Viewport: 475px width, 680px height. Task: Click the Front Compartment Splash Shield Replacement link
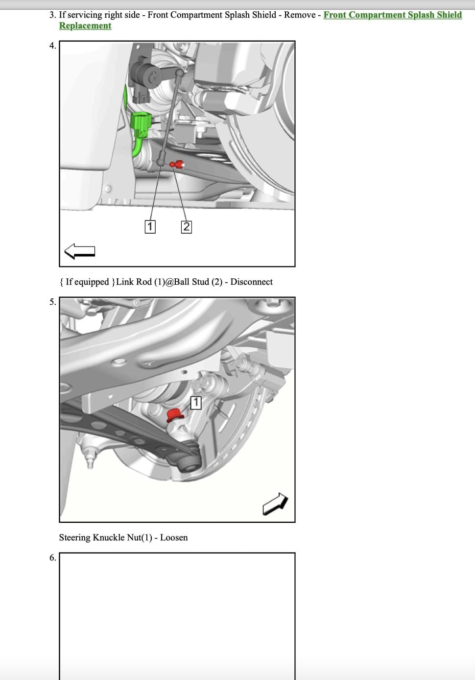(x=392, y=15)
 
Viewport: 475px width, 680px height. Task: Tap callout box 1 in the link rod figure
(x=150, y=227)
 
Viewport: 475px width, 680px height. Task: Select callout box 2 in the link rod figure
(x=186, y=227)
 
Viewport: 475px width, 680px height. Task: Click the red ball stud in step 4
(x=178, y=165)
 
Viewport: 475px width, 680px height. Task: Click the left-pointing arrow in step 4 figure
(x=79, y=251)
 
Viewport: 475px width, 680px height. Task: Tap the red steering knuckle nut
(x=174, y=415)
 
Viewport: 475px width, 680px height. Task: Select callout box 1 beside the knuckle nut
(x=195, y=403)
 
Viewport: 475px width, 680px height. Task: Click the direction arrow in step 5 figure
(x=275, y=504)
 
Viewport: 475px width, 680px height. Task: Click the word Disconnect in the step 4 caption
(x=251, y=282)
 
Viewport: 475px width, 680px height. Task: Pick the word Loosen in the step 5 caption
(x=174, y=538)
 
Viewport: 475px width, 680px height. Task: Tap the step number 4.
(x=52, y=46)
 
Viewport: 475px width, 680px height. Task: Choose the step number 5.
(x=52, y=302)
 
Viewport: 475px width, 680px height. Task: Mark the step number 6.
(x=52, y=558)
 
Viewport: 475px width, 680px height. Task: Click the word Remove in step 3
(x=300, y=15)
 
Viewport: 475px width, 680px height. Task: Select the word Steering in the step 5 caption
(x=75, y=538)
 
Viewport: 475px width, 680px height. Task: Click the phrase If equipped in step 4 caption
(x=87, y=282)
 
